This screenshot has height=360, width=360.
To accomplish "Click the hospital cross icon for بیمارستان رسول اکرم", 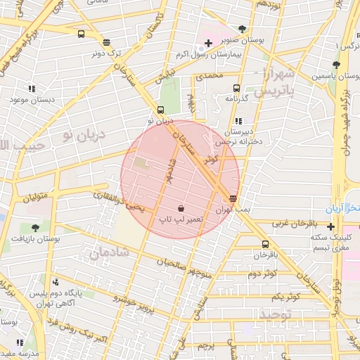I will tap(209, 44).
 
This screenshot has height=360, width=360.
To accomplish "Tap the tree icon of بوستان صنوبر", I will tap(243, 30).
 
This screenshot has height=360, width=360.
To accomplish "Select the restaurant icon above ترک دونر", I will tap(106, 42).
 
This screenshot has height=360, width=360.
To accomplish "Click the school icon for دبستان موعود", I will tap(32, 89).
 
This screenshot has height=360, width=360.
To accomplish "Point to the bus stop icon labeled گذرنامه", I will tap(236, 89).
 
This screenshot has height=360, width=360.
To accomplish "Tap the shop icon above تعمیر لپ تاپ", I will tap(181, 208).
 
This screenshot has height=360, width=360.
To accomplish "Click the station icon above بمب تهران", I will tap(233, 199).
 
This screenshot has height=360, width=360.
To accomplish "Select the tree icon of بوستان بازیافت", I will tap(35, 228).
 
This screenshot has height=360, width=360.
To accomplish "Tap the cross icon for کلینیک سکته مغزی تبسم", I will tap(331, 226).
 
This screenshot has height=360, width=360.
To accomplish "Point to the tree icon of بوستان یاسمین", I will tap(337, 65).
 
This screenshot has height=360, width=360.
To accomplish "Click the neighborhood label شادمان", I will tap(109, 250).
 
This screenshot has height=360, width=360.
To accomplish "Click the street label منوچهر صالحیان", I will tap(186, 265).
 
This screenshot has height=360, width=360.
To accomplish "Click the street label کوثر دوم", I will tap(262, 273).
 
